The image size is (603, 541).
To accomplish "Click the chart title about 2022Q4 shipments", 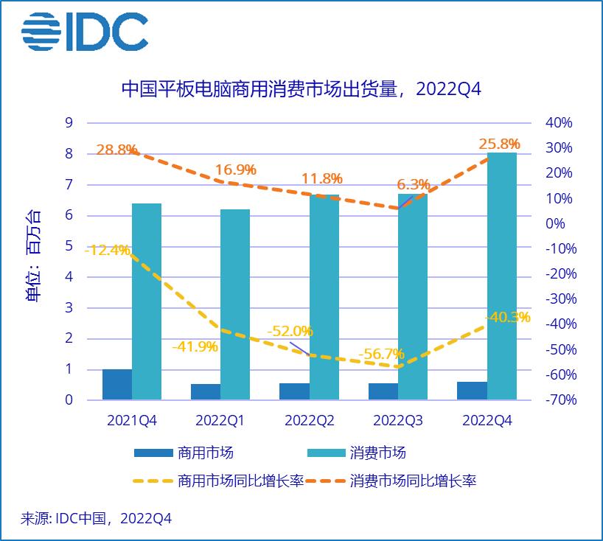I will pyautogui.click(x=301, y=89).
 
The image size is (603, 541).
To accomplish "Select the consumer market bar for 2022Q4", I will pyautogui.click(x=501, y=276).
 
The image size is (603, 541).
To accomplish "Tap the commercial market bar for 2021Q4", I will pyautogui.click(x=116, y=384).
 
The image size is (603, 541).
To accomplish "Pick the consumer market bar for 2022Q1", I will pyautogui.click(x=235, y=304).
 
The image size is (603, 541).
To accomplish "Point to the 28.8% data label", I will pyautogui.click(x=116, y=150).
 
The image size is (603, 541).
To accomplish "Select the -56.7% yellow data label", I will pyautogui.click(x=381, y=355).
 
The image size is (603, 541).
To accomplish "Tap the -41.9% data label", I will pyautogui.click(x=195, y=346).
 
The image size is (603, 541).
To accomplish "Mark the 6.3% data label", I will pyautogui.click(x=413, y=184).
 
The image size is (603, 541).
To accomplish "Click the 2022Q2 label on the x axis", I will pyautogui.click(x=310, y=421).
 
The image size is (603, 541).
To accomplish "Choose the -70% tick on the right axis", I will pyautogui.click(x=559, y=400).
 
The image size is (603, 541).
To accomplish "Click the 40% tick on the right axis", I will pyautogui.click(x=559, y=122).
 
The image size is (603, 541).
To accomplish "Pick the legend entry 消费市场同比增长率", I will pyautogui.click(x=413, y=481).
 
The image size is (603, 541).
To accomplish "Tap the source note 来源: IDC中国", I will pyautogui.click(x=96, y=519).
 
